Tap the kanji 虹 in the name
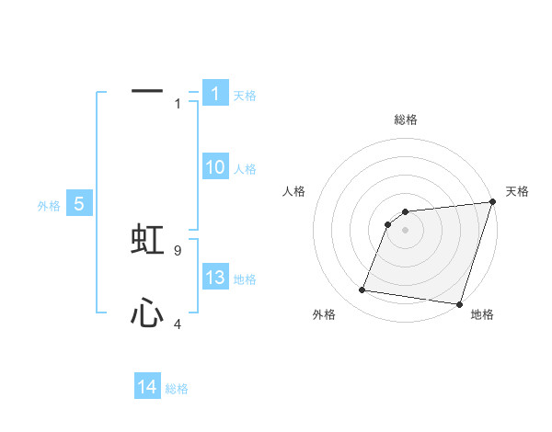tap(147, 239)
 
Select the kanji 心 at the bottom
tap(147, 314)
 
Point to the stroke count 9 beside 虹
tap(178, 249)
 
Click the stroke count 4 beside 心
tap(178, 324)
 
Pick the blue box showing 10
tap(215, 167)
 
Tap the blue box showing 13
tap(215, 278)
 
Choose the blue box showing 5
tap(79, 204)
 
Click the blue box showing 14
tap(147, 387)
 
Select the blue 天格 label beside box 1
tap(245, 95)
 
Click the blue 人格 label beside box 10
tap(245, 169)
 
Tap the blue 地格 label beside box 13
tap(245, 279)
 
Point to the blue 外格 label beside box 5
tap(49, 206)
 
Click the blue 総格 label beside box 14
tap(177, 389)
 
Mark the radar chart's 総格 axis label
tap(405, 119)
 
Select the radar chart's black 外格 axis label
tap(324, 315)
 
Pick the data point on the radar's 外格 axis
tap(362, 290)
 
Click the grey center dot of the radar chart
tap(405, 230)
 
